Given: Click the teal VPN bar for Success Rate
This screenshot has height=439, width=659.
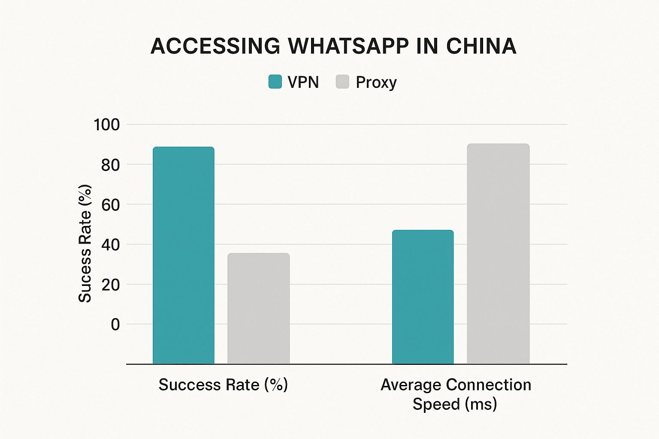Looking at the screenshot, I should (x=184, y=255).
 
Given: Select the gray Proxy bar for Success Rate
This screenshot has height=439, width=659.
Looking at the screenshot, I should (x=258, y=308).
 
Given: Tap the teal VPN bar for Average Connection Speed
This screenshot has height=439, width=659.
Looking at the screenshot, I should (x=423, y=297).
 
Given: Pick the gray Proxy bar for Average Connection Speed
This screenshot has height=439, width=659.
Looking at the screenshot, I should (x=498, y=253).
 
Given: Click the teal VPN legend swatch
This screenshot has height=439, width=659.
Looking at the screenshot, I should (x=275, y=81).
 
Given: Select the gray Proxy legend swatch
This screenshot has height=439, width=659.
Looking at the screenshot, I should (x=342, y=81).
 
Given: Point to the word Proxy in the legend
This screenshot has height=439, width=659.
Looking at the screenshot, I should (x=376, y=82).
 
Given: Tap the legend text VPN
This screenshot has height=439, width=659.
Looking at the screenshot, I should (x=303, y=82).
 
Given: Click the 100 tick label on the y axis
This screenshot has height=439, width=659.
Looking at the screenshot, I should (x=106, y=125).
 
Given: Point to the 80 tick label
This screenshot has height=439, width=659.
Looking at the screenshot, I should (x=110, y=165).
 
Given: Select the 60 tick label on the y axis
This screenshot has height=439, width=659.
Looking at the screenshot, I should (x=110, y=204).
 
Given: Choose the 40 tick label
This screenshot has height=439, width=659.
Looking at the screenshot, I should (x=110, y=244).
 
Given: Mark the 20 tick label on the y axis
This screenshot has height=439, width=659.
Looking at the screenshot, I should (x=110, y=284).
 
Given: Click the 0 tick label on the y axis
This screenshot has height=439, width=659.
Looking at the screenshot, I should (x=115, y=325).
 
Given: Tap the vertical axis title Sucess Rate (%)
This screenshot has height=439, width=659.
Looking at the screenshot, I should (x=85, y=244).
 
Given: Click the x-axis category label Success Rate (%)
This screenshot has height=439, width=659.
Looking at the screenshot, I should (x=223, y=385).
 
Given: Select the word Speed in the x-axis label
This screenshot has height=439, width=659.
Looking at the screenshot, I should (x=436, y=404).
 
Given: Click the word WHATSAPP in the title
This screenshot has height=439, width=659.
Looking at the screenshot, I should (x=348, y=46).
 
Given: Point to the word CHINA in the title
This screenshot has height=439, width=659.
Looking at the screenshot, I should (x=481, y=46).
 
